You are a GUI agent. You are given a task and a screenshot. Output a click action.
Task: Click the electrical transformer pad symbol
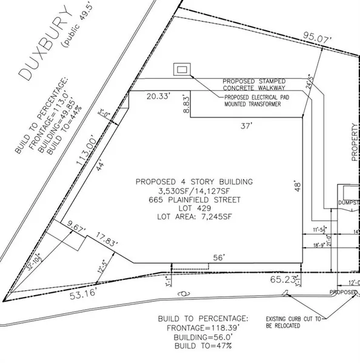click(x=181, y=70)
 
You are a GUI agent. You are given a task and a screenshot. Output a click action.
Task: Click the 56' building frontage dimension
click(x=218, y=258)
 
